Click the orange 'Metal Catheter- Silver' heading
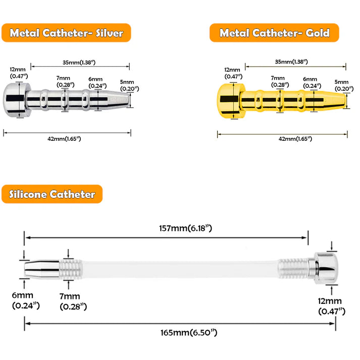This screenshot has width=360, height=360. (66, 33)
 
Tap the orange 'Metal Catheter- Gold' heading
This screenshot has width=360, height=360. (274, 33)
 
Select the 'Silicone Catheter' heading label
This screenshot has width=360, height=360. (52, 194)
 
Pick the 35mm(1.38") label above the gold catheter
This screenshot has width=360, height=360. (291, 62)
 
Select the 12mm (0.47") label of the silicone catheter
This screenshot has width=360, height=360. (331, 306)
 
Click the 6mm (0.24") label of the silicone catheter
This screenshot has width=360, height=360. (23, 300)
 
